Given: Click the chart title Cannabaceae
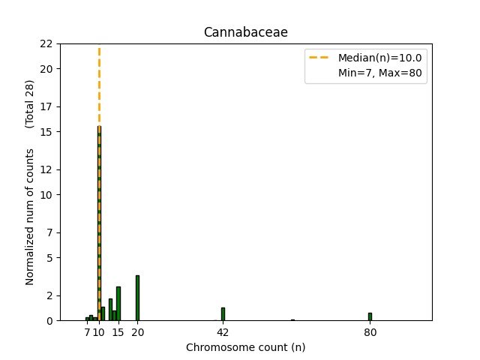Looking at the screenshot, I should (x=245, y=33).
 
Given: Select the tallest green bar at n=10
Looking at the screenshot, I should (x=99, y=225).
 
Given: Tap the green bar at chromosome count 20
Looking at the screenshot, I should (x=137, y=298).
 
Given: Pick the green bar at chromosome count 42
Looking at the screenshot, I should (x=223, y=314).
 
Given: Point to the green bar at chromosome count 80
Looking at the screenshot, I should (x=370, y=316).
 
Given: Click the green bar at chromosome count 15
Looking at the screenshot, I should (x=118, y=304).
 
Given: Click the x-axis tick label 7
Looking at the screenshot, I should (x=87, y=332).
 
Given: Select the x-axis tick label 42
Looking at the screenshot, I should (x=223, y=332).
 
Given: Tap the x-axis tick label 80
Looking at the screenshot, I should (x=370, y=332).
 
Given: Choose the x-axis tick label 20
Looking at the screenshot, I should (x=137, y=332).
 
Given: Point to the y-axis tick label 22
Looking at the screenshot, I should (x=46, y=43).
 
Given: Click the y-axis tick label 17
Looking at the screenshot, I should (x=46, y=106).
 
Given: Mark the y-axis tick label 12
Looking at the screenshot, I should (x=46, y=169).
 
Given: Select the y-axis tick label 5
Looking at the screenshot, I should (x=49, y=258).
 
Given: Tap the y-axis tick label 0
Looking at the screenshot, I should (x=49, y=321).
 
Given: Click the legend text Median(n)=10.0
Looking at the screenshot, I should (x=379, y=58).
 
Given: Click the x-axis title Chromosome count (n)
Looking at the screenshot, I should (x=245, y=347).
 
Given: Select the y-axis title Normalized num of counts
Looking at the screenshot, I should (x=31, y=216).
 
